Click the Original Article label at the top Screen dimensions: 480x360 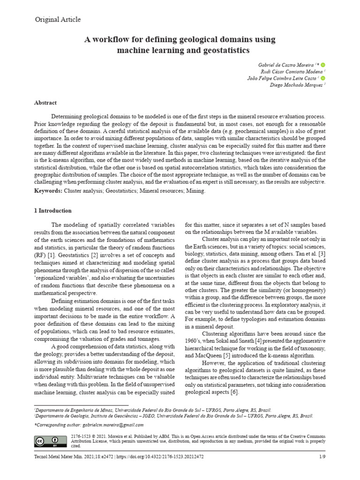click(58, 20)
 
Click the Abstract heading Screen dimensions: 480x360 click(45, 102)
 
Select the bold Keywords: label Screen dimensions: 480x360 click(48, 191)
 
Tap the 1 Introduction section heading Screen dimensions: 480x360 click(53, 210)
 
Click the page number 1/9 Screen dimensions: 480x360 click(322, 456)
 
